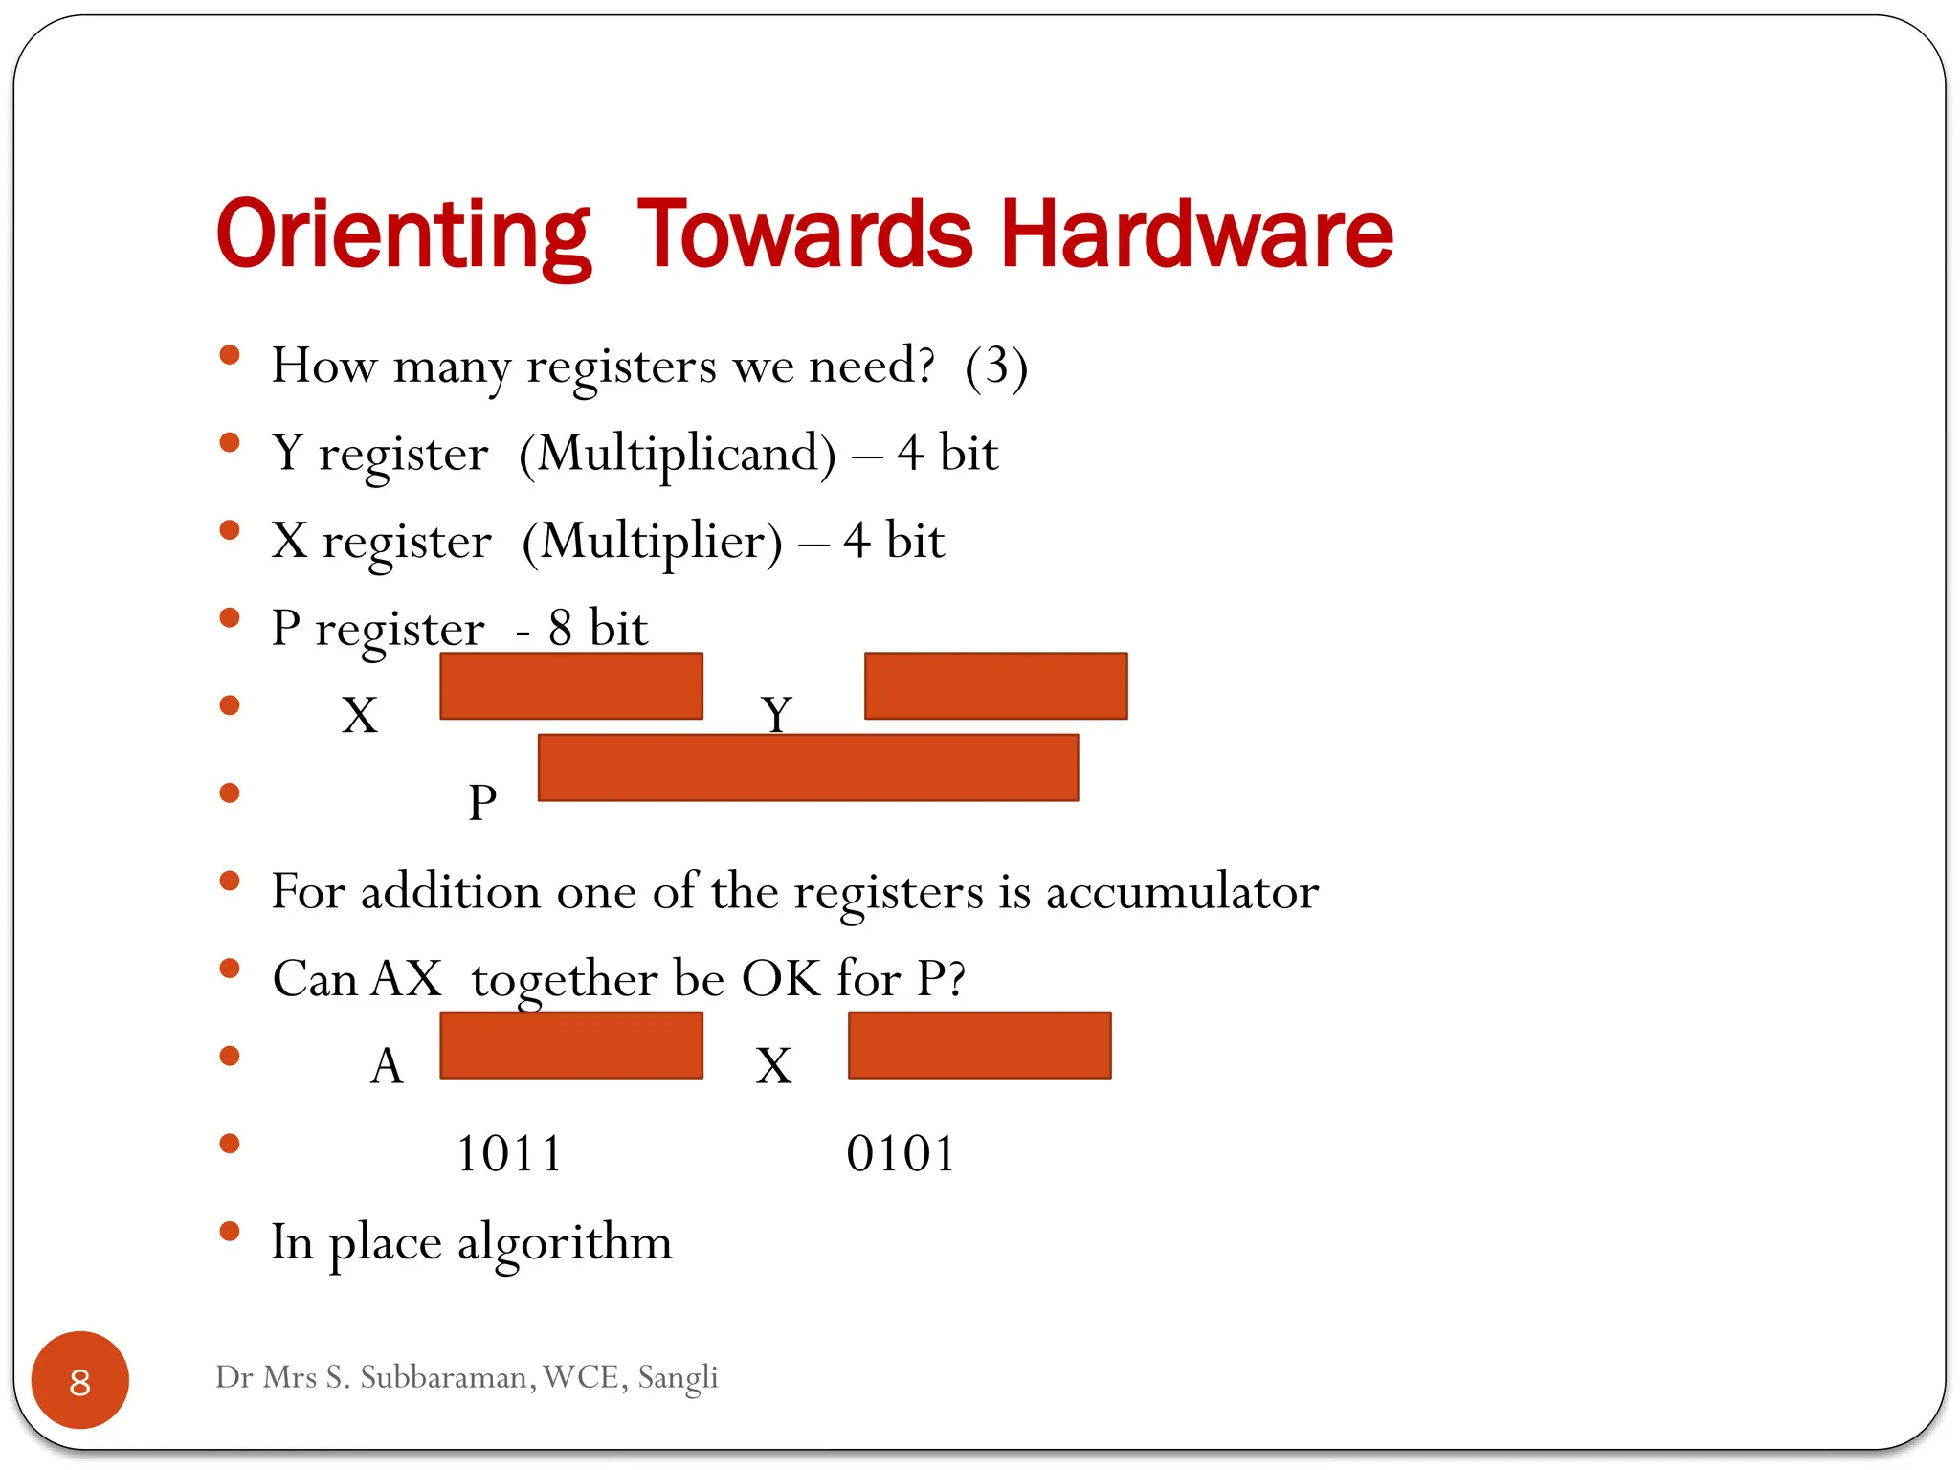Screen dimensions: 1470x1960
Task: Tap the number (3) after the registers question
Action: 996,366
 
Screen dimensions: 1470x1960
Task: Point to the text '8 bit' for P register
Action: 597,629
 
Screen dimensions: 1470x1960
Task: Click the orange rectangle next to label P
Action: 808,768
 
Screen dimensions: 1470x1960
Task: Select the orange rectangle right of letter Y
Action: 995,686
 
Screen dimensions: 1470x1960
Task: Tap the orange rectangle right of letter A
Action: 571,1045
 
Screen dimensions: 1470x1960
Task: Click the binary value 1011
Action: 509,1153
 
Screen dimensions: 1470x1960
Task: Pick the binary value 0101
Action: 901,1153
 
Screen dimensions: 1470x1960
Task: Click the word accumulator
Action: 1182,892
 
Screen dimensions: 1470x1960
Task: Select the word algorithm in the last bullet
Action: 565,1242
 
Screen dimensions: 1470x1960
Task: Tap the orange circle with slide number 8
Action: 80,1380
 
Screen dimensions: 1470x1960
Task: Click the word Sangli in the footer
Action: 678,1377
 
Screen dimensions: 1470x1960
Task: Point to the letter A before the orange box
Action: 387,1065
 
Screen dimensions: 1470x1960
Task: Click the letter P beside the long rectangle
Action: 482,802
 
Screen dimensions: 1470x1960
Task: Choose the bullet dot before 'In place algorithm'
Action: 230,1232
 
